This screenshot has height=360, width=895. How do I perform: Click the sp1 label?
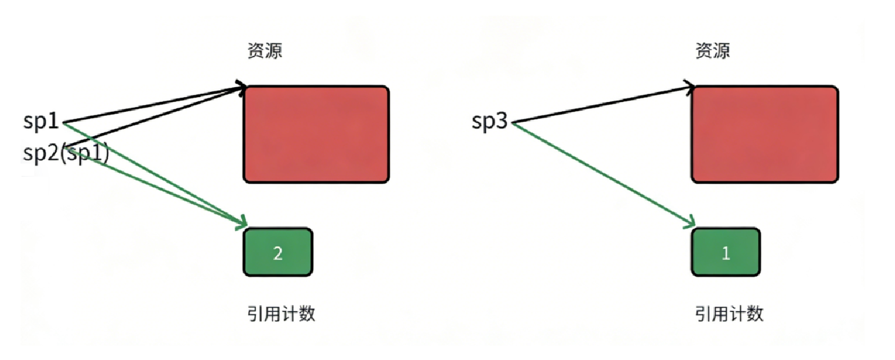41,122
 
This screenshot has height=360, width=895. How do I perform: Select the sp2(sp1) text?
66,152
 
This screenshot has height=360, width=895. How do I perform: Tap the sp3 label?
490,122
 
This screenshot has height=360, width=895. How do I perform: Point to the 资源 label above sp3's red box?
713,51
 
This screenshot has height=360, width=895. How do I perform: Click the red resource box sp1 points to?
316,134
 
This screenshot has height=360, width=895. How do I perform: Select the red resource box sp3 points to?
764,134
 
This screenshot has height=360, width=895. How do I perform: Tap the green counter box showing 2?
277,252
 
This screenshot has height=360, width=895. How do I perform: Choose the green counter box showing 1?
725,252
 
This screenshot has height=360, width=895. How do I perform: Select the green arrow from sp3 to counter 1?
603,174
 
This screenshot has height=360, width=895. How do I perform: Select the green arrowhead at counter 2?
242,223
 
